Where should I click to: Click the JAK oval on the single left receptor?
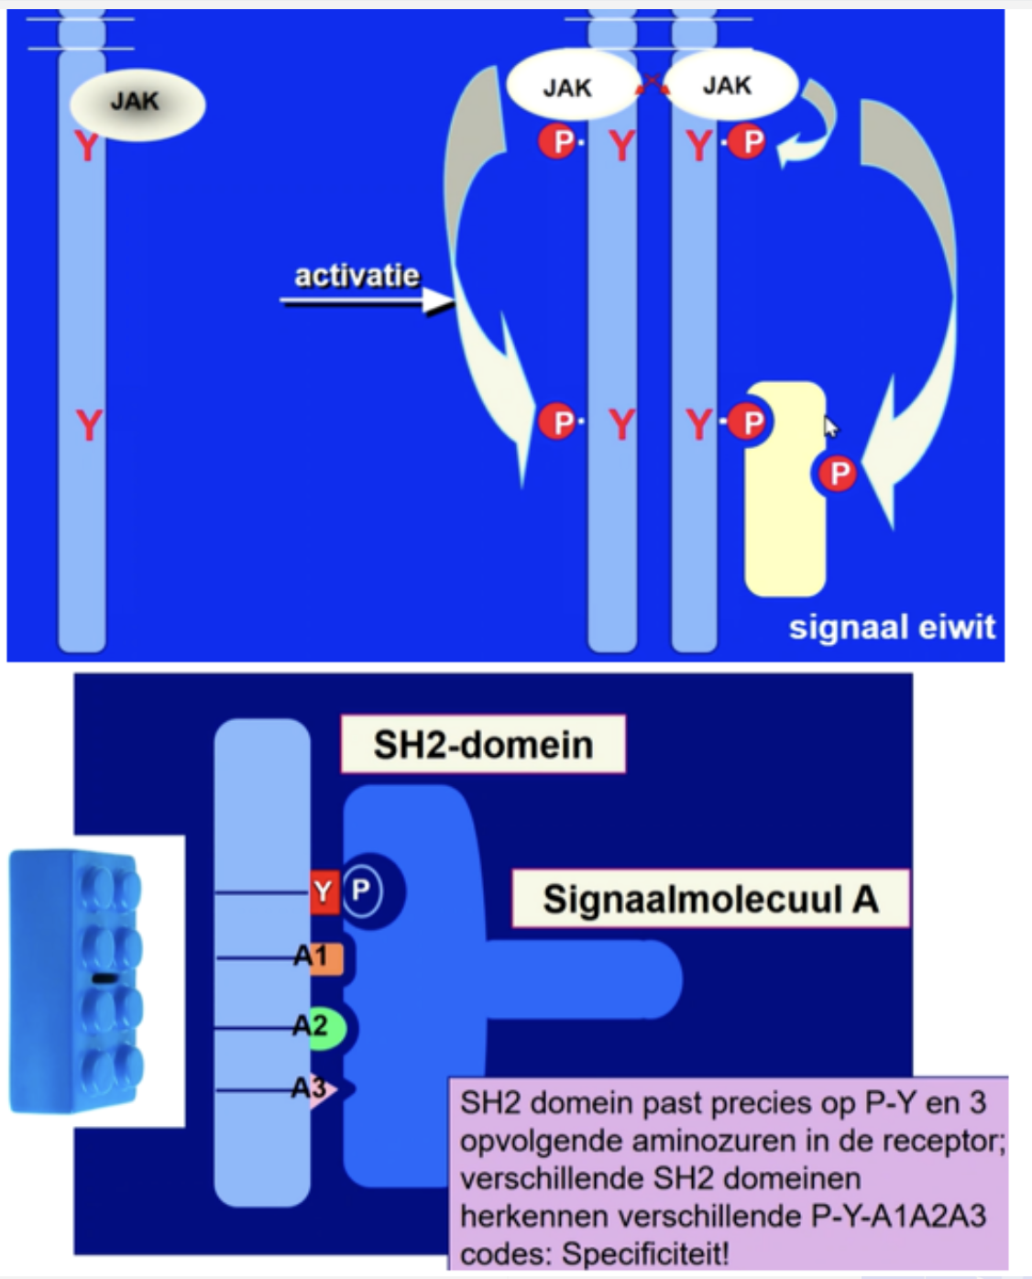[137, 102]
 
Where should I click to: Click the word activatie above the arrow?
[357, 276]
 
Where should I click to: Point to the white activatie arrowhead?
[437, 301]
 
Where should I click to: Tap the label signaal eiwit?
[891, 628]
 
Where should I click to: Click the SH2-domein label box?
[483, 745]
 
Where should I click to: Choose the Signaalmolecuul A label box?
[710, 899]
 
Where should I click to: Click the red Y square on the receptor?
[324, 891]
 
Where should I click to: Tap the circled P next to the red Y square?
[361, 890]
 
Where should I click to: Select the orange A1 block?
[326, 958]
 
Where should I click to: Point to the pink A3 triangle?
[322, 1089]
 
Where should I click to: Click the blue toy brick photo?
[77, 981]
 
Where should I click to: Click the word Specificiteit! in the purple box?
[645, 1252]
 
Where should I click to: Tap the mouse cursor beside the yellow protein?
[830, 427]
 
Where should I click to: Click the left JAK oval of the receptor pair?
[570, 87]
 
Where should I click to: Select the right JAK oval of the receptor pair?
[730, 85]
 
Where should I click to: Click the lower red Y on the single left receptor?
[88, 425]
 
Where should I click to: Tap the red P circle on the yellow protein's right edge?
[838, 474]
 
